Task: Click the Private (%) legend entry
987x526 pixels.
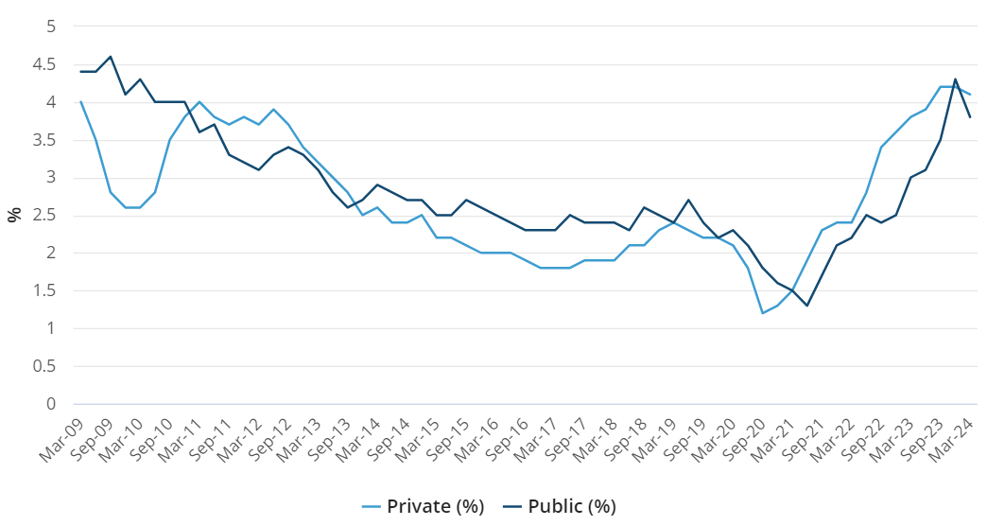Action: (x=423, y=506)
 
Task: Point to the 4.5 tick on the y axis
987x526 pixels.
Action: (x=44, y=64)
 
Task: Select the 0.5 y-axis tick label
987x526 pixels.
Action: (x=44, y=366)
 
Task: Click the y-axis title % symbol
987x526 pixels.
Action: (x=14, y=215)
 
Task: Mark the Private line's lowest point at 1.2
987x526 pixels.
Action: (x=763, y=313)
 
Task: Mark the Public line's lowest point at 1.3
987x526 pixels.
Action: (x=807, y=306)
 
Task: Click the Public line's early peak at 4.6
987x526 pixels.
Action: (x=111, y=57)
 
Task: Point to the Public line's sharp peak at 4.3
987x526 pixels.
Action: (x=956, y=79)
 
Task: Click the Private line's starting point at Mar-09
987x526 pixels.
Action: (x=81, y=102)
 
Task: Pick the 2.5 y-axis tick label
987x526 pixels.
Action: (x=44, y=215)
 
